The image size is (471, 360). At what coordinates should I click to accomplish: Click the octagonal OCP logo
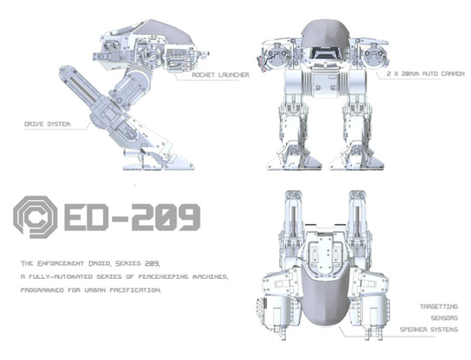pos(35,217)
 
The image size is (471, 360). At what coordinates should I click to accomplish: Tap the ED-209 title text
pos(133,217)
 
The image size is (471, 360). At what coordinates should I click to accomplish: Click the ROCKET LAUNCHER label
pos(221,75)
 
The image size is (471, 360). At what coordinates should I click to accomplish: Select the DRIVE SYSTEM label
pos(47,124)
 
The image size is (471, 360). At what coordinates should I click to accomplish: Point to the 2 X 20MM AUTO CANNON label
pos(426,73)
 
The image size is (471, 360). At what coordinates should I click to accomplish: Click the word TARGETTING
pos(439,307)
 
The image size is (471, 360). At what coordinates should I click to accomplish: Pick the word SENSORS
pos(444,318)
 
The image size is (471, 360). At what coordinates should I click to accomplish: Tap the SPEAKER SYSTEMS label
pos(429,329)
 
